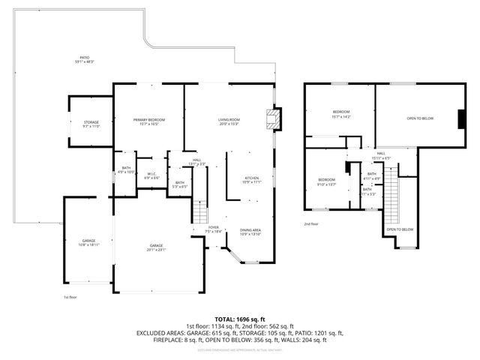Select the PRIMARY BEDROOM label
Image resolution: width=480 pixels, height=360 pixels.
[148, 120]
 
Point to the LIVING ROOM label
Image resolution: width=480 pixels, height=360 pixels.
[228, 120]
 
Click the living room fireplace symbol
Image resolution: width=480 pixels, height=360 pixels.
[276, 118]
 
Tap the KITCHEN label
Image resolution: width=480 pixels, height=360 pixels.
[251, 178]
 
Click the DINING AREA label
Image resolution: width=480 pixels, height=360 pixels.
[250, 230]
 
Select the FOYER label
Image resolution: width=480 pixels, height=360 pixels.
[214, 227]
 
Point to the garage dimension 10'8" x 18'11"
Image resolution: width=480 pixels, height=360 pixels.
[89, 244]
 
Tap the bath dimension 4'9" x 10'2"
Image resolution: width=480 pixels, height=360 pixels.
[124, 172]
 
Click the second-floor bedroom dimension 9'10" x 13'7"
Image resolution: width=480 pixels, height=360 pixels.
[326, 184]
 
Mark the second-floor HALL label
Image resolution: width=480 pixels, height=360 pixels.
[381, 153]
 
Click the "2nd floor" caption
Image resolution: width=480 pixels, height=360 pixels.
[310, 223]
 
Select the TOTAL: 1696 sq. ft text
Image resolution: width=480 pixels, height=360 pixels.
[239, 319]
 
